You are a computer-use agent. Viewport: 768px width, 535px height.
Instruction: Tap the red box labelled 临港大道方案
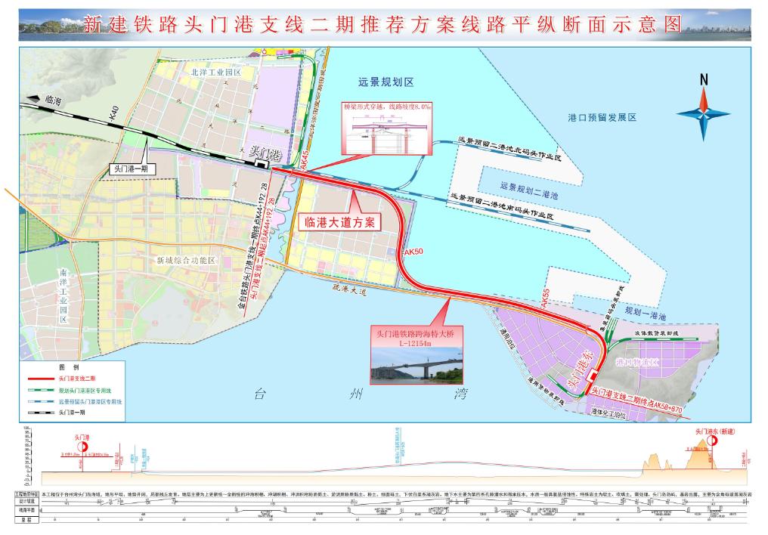[x=339, y=222]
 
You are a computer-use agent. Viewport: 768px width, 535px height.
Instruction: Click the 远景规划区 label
[x=387, y=82]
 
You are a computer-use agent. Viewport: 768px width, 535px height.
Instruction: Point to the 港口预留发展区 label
[x=602, y=118]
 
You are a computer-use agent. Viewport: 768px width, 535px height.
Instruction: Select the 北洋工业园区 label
[x=215, y=73]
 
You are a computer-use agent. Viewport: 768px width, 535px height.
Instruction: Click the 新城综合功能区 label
[x=186, y=260]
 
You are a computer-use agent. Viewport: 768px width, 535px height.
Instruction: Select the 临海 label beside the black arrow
[x=54, y=99]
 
